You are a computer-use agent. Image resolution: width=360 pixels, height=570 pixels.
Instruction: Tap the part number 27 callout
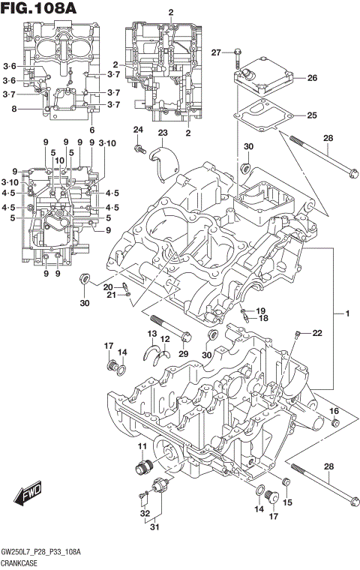tap(216, 52)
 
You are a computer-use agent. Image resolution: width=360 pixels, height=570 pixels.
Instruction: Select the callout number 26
tap(312, 77)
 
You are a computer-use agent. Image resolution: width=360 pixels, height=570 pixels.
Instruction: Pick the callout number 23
tap(162, 133)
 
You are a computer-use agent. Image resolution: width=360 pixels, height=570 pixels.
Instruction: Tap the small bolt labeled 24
tap(139, 151)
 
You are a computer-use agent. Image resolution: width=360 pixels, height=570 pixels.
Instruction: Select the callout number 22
tap(316, 333)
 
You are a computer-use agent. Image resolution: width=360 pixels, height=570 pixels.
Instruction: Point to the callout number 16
tap(334, 411)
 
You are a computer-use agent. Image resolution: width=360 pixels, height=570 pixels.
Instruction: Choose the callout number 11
tap(140, 447)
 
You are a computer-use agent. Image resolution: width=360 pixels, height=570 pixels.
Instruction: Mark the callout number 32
tap(144, 514)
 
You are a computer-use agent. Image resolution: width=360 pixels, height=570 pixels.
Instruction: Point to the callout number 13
tap(151, 334)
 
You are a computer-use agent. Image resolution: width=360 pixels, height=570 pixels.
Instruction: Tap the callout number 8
tap(13, 109)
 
